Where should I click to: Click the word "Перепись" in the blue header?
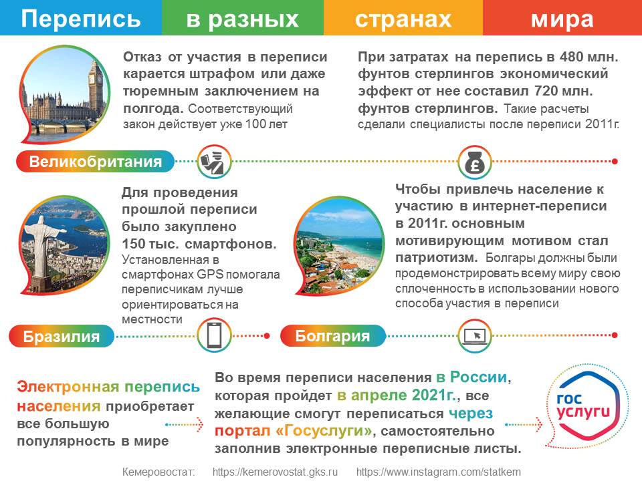pyautogui.click(x=81, y=19)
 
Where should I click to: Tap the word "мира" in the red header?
pyautogui.click(x=562, y=19)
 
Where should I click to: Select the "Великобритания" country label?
pyautogui.click(x=96, y=162)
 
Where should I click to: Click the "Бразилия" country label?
pyautogui.click(x=62, y=336)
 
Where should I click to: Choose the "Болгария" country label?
pyautogui.click(x=332, y=336)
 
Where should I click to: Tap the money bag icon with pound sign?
pyautogui.click(x=475, y=162)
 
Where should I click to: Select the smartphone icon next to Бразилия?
pyautogui.click(x=214, y=335)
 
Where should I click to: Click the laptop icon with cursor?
pyautogui.click(x=475, y=336)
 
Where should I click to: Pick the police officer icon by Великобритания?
pyautogui.click(x=214, y=162)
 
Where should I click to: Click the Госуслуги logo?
pyautogui.click(x=583, y=406)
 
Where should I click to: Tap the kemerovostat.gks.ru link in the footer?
pyautogui.click(x=275, y=472)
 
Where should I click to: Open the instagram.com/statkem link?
pyautogui.click(x=439, y=472)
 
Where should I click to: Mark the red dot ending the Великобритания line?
pyautogui.click(x=615, y=162)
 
